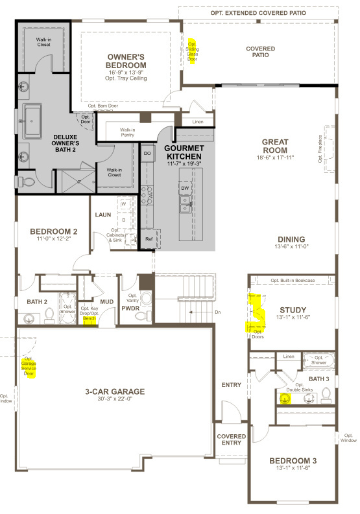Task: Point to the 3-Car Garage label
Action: click(x=115, y=391)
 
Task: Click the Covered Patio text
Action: click(x=260, y=53)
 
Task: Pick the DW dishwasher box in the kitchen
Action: click(x=185, y=188)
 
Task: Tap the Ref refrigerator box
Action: click(x=149, y=239)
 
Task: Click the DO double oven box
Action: click(x=147, y=153)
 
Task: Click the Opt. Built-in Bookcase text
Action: click(x=293, y=280)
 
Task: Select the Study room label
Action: click(x=292, y=309)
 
